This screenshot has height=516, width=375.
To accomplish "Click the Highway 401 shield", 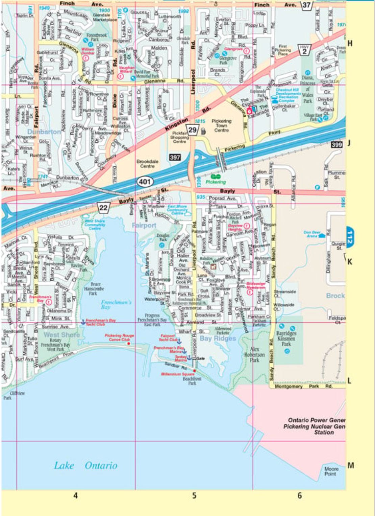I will pos(145,182).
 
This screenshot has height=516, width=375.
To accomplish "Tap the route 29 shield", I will pos(193,130).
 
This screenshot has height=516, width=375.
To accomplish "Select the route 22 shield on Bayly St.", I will pos(103,207).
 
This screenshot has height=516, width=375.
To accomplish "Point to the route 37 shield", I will pos(307,5).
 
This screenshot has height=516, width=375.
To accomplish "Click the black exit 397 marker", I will pos(175,157).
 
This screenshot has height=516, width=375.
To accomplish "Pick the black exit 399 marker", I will pos(337,145).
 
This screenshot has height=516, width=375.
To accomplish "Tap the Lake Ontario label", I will pos(85,466).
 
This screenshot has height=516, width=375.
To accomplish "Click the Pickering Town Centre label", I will pos(221,125).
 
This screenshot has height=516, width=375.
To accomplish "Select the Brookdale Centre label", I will pos(147,164).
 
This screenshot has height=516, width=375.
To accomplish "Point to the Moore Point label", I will pos(331,471).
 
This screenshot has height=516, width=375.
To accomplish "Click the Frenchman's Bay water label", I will pos(116,304).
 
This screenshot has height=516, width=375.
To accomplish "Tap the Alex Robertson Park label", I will pos(254,354).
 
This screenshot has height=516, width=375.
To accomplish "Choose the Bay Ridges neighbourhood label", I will pos(218,338).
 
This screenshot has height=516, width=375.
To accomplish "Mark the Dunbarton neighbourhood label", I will pos(44,132).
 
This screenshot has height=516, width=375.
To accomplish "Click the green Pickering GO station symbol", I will pos(215,176).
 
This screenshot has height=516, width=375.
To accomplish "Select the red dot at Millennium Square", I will pos(194,371).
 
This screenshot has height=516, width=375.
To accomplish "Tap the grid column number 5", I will pos(194,496).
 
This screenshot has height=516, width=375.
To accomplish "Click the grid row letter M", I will pos(351,466).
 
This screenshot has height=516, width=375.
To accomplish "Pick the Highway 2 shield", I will pos(304,49).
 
